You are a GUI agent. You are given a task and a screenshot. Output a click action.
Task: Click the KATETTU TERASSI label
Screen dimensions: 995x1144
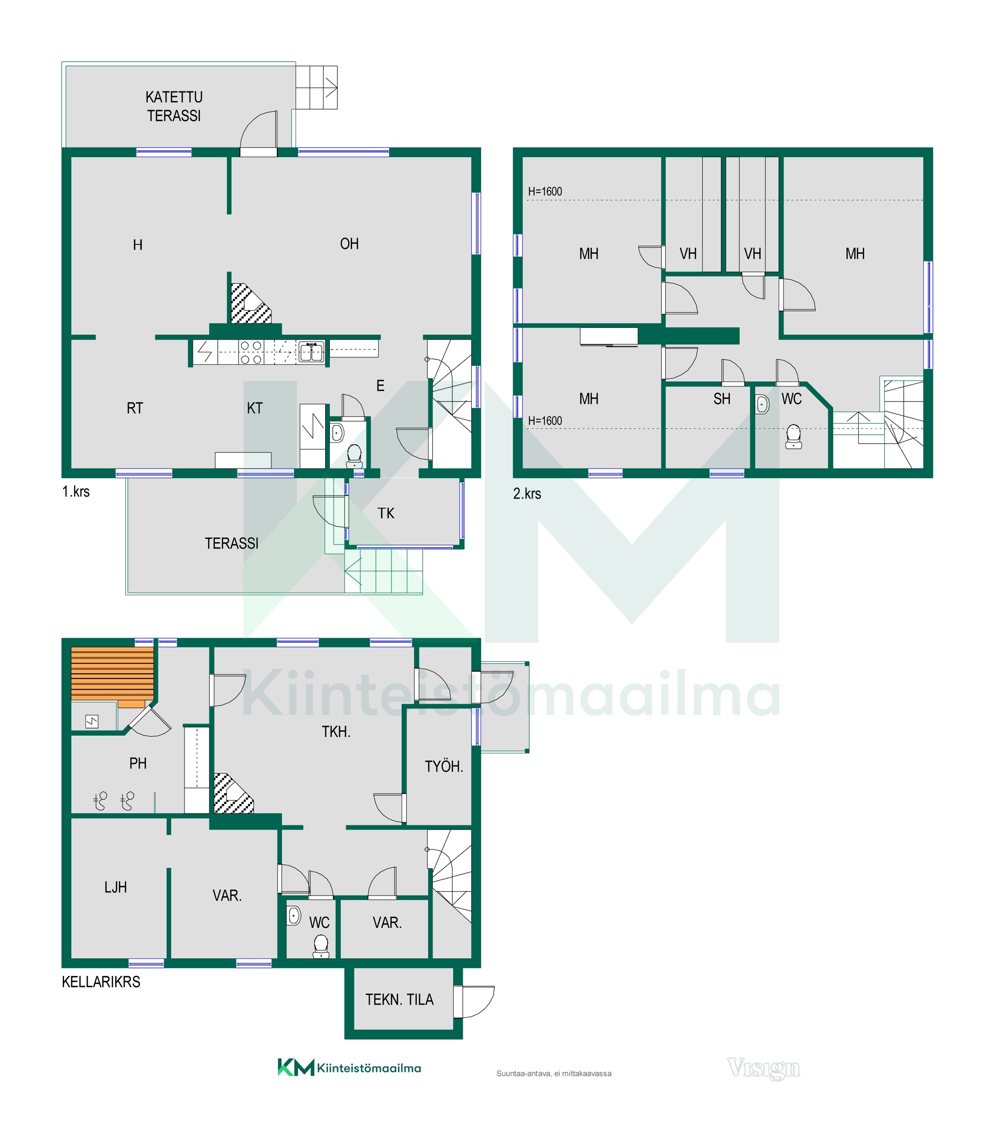pyautogui.click(x=174, y=106)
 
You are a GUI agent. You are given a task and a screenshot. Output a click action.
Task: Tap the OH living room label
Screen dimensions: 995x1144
pyautogui.click(x=349, y=244)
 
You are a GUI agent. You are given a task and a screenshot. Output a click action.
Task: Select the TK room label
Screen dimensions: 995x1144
pyautogui.click(x=386, y=513)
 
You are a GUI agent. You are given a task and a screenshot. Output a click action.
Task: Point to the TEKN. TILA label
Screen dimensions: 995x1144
pyautogui.click(x=399, y=999)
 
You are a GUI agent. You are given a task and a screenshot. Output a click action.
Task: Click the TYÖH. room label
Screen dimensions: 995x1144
pyautogui.click(x=444, y=766)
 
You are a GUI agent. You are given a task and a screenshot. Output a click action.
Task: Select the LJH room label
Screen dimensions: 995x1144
pyautogui.click(x=115, y=887)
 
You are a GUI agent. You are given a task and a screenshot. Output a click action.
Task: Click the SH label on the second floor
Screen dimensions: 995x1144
pyautogui.click(x=722, y=399)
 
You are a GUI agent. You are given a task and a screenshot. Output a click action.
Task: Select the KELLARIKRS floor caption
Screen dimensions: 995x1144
pyautogui.click(x=101, y=982)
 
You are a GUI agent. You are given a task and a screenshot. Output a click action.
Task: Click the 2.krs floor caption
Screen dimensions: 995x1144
pyautogui.click(x=527, y=494)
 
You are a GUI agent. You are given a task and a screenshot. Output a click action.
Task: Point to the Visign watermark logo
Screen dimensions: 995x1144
pyautogui.click(x=763, y=1068)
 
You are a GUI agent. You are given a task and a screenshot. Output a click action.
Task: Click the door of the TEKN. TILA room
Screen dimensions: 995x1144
pyautogui.click(x=473, y=1002)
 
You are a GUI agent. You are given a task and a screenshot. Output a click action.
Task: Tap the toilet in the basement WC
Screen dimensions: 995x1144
pyautogui.click(x=321, y=946)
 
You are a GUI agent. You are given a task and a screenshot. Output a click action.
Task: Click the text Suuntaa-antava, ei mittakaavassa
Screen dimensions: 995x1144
pyautogui.click(x=554, y=1074)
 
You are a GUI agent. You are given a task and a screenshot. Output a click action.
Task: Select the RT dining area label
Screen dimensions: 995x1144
pyautogui.click(x=135, y=408)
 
